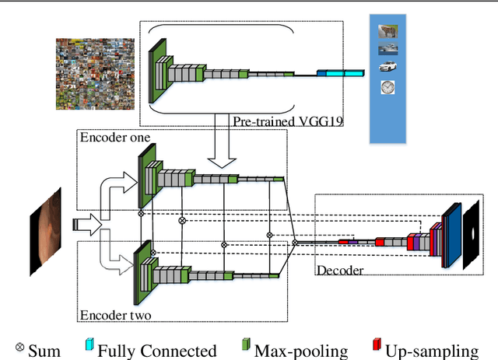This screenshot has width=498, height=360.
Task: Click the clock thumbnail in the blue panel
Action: pyautogui.click(x=387, y=88)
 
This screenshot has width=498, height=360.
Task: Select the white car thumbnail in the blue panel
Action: pyautogui.click(x=386, y=68)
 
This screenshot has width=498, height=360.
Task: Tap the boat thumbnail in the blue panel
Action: pyautogui.click(x=386, y=49)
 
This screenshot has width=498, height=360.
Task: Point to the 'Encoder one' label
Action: pyautogui.click(x=114, y=138)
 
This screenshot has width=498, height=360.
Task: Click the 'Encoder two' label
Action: pyautogui.click(x=114, y=315)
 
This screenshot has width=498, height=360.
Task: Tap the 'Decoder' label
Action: pyautogui.click(x=340, y=270)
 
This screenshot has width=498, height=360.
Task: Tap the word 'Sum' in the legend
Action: pyautogui.click(x=44, y=351)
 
